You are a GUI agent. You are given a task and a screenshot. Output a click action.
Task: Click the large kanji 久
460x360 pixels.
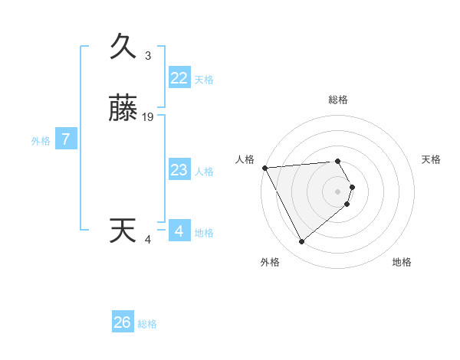pyautogui.click(x=123, y=47)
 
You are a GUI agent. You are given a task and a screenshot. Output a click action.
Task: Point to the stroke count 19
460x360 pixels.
pyautogui.click(x=148, y=117)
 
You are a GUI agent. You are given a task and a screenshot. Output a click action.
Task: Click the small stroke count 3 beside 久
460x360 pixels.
pyautogui.click(x=148, y=56)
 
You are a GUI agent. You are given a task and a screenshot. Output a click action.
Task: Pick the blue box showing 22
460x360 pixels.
pyautogui.click(x=179, y=78)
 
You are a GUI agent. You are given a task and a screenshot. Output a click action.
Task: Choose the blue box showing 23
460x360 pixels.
pyautogui.click(x=179, y=170)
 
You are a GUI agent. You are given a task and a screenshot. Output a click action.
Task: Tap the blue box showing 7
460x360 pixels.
pyautogui.click(x=66, y=140)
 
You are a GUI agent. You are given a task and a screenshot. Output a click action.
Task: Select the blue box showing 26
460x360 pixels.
pyautogui.click(x=123, y=322)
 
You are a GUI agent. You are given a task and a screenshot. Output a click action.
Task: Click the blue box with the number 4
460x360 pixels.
pyautogui.click(x=179, y=231)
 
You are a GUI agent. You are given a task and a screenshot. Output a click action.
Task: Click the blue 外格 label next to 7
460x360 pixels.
pyautogui.click(x=41, y=141)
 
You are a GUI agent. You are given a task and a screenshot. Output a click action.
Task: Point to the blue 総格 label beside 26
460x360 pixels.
pyautogui.click(x=147, y=324)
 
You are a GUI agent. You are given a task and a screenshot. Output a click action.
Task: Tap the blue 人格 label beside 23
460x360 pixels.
pyautogui.click(x=205, y=172)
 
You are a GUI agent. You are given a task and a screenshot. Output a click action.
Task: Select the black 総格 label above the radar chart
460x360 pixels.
pyautogui.click(x=338, y=100)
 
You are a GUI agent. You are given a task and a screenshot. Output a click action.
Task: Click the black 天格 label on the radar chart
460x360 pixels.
pyautogui.click(x=432, y=159)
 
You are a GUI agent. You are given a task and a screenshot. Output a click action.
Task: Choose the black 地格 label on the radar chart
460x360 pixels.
pyautogui.click(x=402, y=262)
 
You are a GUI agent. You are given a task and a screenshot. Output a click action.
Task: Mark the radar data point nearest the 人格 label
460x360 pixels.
pyautogui.click(x=264, y=168)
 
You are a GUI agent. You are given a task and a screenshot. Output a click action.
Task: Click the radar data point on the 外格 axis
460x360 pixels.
pyautogui.click(x=302, y=242)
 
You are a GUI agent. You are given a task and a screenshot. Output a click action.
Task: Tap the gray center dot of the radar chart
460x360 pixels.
pyautogui.click(x=338, y=191)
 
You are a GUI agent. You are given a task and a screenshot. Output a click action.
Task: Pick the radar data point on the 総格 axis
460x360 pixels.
pyautogui.click(x=338, y=162)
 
